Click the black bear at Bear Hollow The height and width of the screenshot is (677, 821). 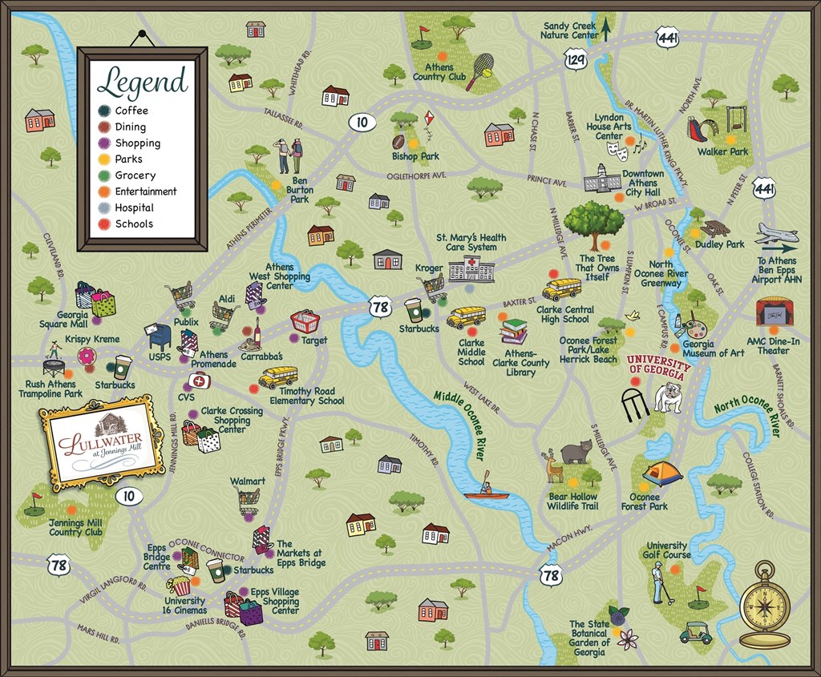click(x=576, y=453)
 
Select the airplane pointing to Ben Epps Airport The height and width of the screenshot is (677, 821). click(x=776, y=236)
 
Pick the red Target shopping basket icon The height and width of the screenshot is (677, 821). click(x=305, y=322)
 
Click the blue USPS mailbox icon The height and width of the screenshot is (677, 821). click(x=158, y=336)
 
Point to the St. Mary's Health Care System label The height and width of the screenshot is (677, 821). click(x=471, y=242)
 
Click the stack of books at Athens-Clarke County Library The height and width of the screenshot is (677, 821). click(x=513, y=331)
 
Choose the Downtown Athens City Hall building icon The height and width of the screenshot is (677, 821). click(x=602, y=179)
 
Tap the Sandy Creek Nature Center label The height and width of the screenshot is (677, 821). click(x=568, y=30)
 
